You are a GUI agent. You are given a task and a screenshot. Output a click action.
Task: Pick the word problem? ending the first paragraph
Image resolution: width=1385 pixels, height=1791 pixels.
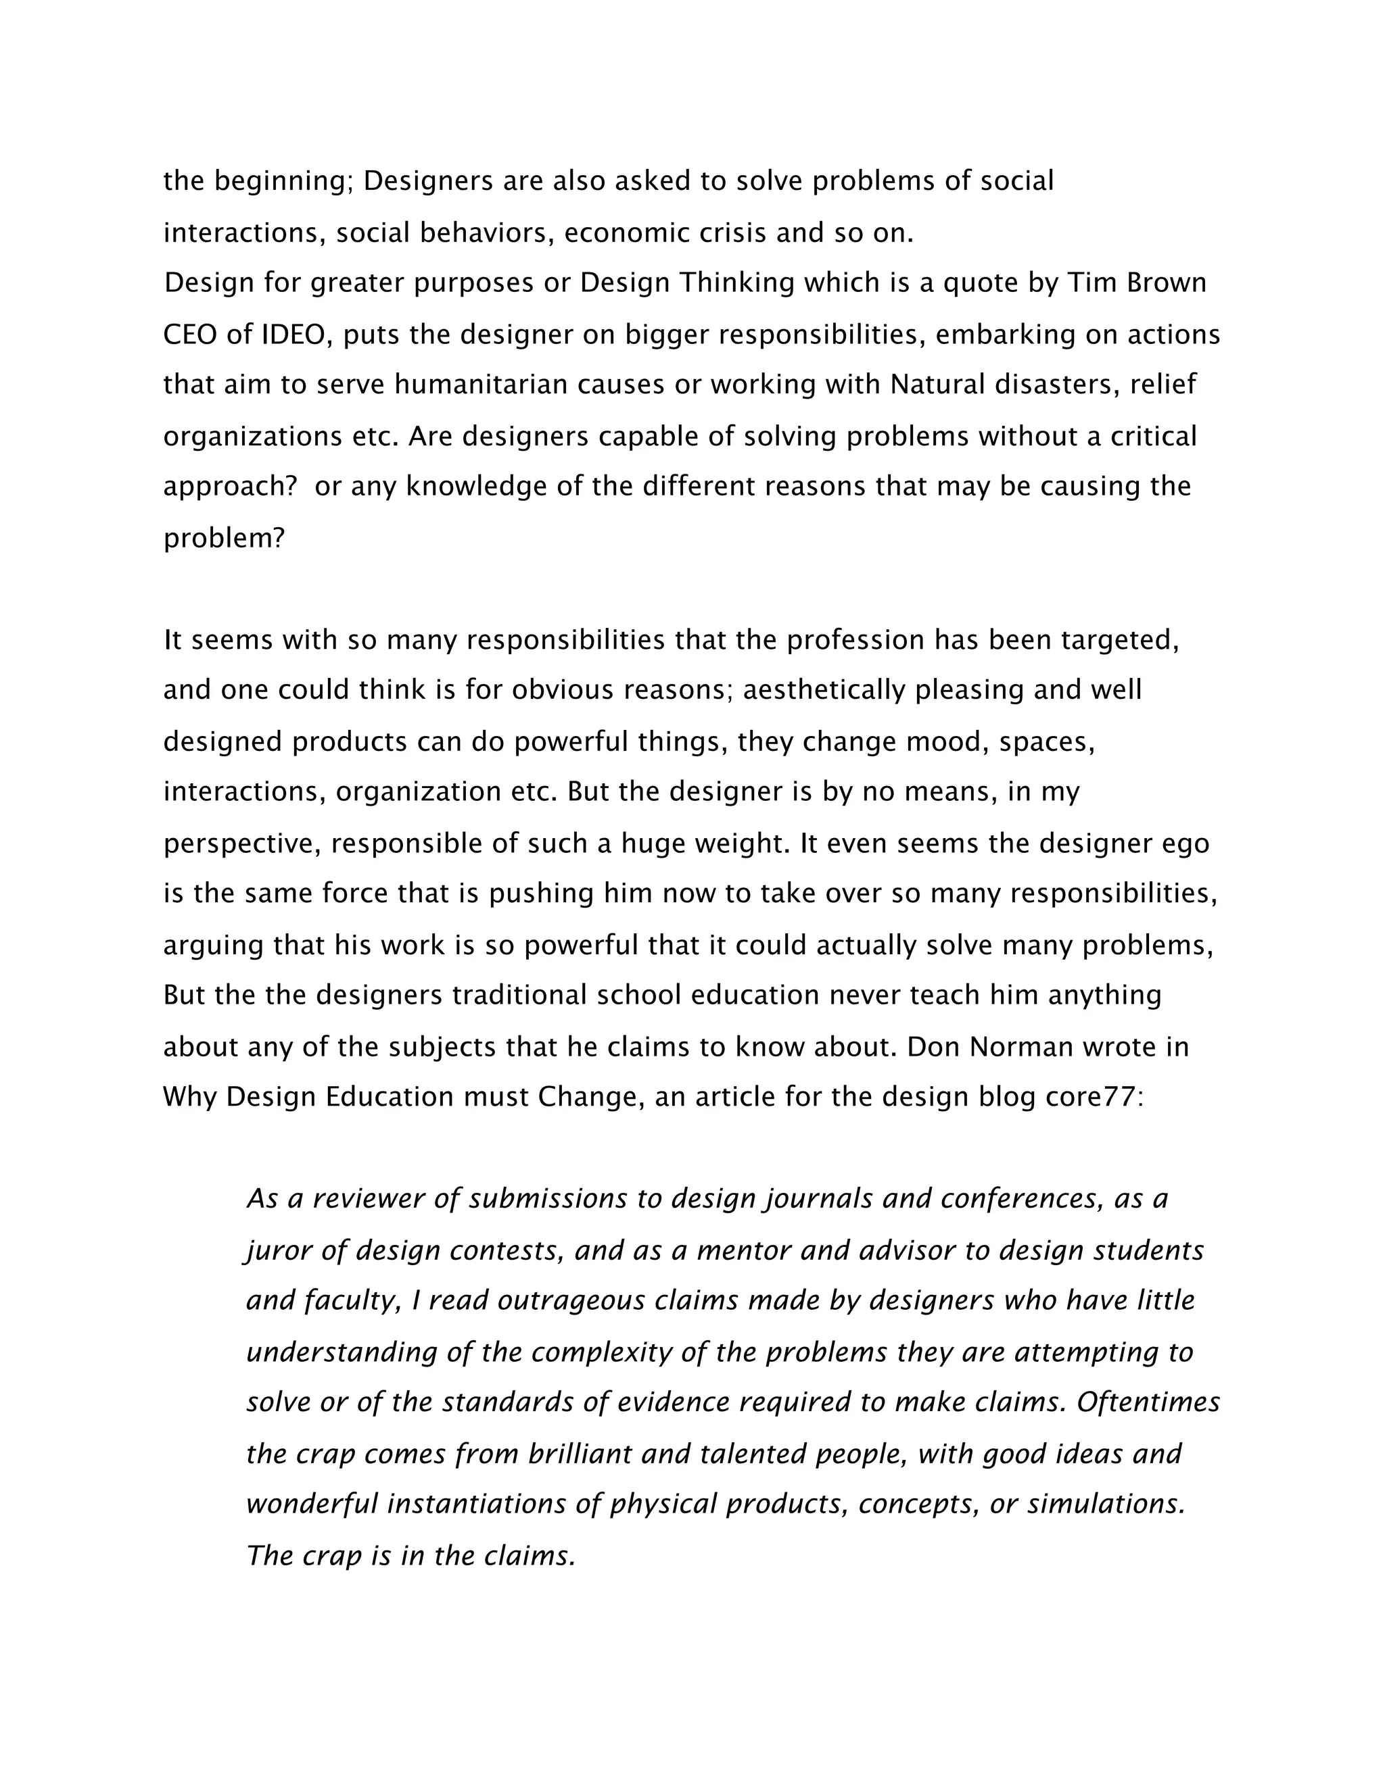223,539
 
